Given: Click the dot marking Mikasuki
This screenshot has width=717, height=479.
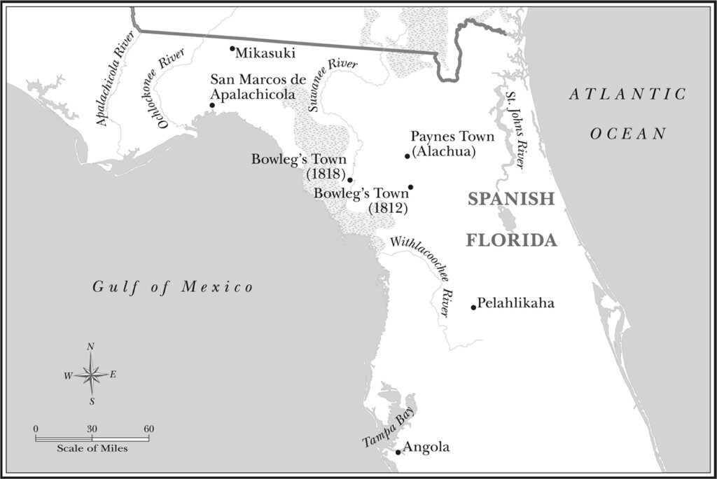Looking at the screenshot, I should [232, 49].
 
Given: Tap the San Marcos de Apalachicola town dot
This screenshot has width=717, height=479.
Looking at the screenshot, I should [212, 105].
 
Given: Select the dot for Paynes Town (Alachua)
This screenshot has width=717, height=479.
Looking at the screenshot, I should [407, 156].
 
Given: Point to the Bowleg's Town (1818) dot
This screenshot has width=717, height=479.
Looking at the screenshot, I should [350, 180].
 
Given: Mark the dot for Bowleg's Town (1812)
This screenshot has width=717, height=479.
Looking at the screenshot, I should [410, 187].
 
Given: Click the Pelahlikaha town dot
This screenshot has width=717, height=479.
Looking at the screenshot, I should [473, 307].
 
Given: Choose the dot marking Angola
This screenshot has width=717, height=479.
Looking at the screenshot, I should [398, 452].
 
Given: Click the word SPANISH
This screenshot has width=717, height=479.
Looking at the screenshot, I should [511, 199].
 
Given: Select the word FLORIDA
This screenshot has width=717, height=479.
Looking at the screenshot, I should [512, 241].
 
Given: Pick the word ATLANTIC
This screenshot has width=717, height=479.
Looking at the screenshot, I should [627, 95].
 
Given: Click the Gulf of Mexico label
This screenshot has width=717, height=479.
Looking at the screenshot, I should [172, 286].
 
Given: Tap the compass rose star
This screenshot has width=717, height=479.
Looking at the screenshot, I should [91, 375].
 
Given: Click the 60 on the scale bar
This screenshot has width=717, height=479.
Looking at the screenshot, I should [148, 429].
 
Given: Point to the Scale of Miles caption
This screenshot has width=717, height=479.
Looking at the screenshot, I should [92, 448].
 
